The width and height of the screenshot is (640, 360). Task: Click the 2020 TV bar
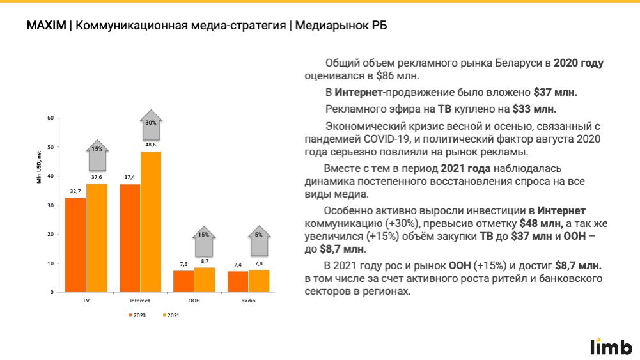[75, 245]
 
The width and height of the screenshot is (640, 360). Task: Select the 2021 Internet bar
[150, 222]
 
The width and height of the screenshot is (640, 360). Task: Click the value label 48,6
[151, 145]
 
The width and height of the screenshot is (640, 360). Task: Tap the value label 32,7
[75, 191]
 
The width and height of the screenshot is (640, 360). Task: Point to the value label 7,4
[238, 264]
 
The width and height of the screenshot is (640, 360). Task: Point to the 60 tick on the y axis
[51, 118]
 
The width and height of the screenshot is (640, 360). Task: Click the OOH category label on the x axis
[194, 301]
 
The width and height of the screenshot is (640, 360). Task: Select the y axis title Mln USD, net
[38, 166]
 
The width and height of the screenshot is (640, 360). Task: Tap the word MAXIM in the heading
[46, 26]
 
